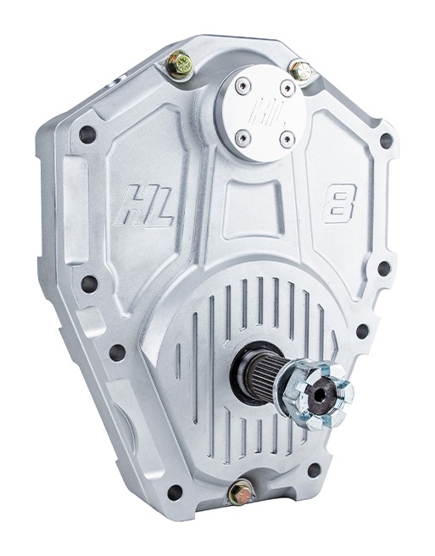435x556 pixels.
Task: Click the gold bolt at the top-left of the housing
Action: pyautogui.click(x=181, y=64)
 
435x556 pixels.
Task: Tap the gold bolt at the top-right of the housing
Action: pyautogui.click(x=300, y=71)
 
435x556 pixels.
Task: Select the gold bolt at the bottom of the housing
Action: pyautogui.click(x=241, y=492)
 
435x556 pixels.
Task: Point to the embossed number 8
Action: pyautogui.click(x=338, y=203)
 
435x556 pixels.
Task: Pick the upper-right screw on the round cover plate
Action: pyautogui.click(x=287, y=86)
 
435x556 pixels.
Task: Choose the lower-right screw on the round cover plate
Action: pyautogui.click(x=287, y=139)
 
